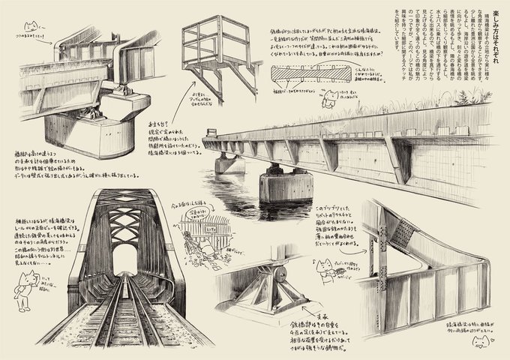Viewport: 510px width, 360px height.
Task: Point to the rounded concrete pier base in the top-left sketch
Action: coord(82,135)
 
